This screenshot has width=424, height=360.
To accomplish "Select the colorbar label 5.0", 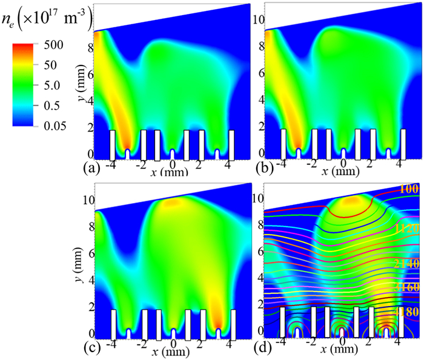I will (50, 86).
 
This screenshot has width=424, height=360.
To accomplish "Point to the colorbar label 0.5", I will (50, 106).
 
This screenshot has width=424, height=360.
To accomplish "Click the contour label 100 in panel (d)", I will (408, 190).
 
